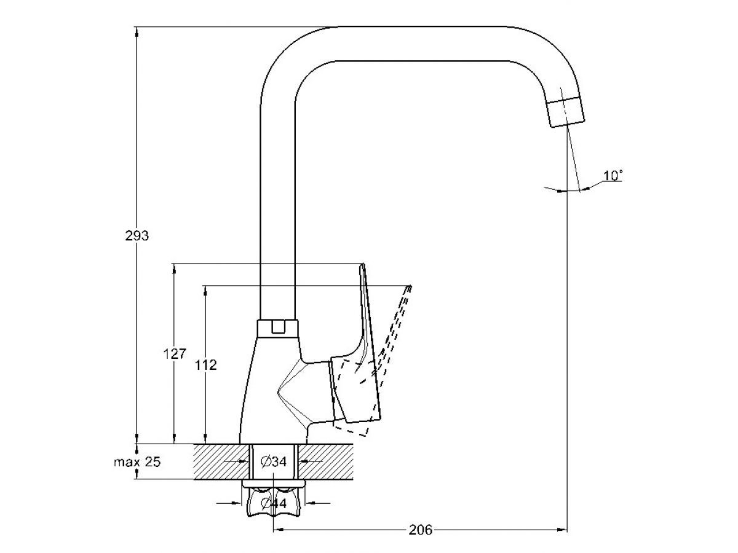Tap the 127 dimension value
point(174,355)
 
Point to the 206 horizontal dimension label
point(421,530)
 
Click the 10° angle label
point(613,176)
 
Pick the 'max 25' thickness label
point(137,462)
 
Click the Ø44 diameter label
point(274,503)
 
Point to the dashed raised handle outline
point(394,332)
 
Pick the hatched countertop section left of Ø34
point(221,461)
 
